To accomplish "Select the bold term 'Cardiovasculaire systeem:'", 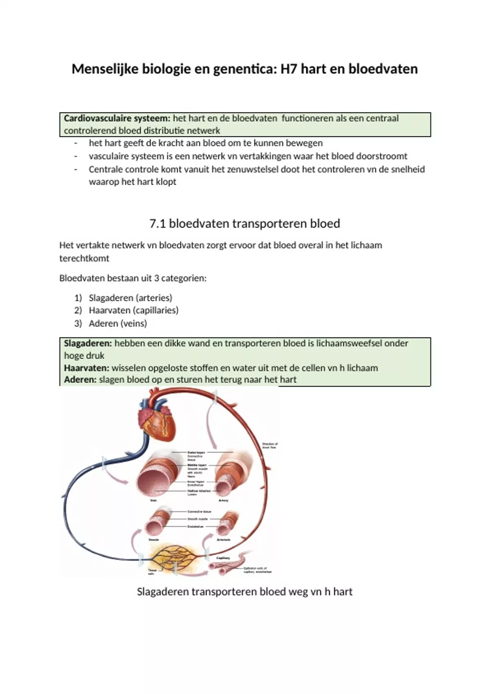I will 117,118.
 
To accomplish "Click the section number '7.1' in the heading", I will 158,224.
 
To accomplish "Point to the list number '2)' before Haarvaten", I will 78,310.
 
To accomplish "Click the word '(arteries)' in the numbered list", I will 154,298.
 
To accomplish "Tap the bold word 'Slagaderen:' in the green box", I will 88,343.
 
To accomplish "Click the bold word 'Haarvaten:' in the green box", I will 87,368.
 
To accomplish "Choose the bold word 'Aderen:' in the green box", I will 80,380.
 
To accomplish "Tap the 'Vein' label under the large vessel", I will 154,500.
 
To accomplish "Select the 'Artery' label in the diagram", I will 223,500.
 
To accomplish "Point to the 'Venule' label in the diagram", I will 154,540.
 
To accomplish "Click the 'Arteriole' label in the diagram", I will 223,540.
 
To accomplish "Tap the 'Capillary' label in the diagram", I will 223,558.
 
